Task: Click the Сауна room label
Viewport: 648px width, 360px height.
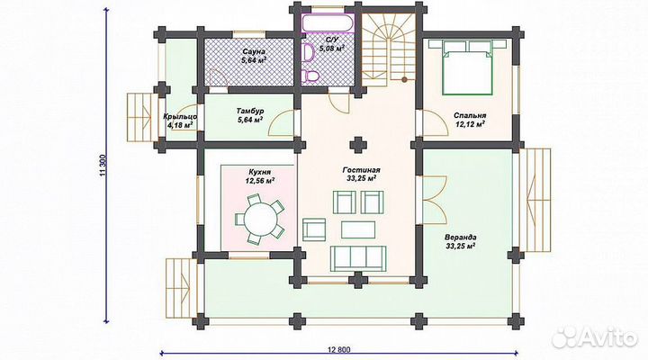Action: [x=254, y=52]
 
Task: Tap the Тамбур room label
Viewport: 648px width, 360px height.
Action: [x=250, y=112]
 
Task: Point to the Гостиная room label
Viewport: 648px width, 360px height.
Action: [x=361, y=170]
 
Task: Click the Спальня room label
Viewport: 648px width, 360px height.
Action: [x=470, y=116]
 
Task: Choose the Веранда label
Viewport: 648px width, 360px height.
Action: [x=461, y=238]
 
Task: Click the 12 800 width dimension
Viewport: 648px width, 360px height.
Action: [x=339, y=350]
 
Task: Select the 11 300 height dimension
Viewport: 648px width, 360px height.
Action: [x=103, y=166]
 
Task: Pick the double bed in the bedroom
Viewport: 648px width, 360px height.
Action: [x=467, y=67]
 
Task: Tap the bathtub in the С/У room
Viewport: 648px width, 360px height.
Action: [x=328, y=23]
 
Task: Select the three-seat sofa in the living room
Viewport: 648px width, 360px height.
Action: [x=358, y=258]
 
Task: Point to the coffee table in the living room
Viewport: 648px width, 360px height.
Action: [x=358, y=229]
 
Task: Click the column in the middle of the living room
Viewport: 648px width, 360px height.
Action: [x=358, y=145]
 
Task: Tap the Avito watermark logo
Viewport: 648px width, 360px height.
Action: [x=594, y=337]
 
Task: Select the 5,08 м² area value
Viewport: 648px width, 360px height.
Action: [x=331, y=49]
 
